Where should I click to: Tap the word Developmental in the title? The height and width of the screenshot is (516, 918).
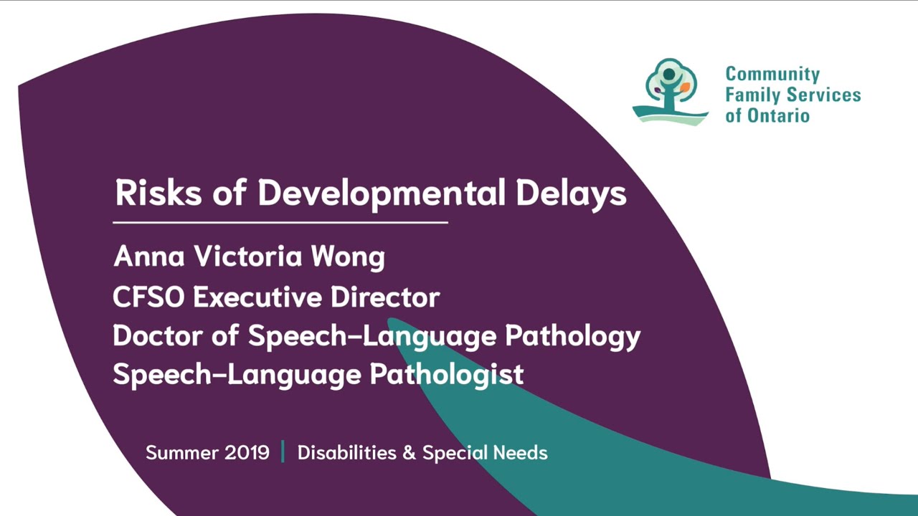click(x=381, y=193)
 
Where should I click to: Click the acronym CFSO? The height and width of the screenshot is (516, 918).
click(x=148, y=297)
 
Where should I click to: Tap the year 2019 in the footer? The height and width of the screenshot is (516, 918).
click(x=247, y=453)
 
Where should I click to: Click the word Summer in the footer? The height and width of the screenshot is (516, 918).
click(x=181, y=453)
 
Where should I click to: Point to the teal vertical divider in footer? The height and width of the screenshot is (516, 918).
click(x=283, y=452)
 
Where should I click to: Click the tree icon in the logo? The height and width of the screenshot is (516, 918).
click(x=671, y=92)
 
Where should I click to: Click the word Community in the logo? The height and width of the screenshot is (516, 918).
click(x=772, y=75)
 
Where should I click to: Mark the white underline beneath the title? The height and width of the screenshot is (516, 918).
click(x=280, y=223)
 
